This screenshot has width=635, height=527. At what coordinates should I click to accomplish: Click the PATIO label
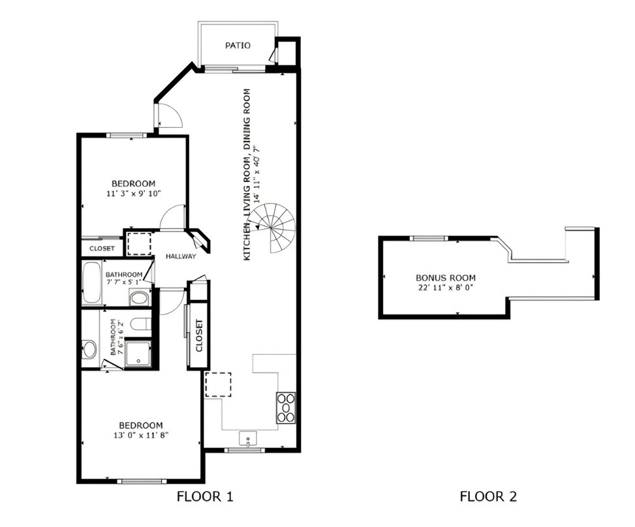point(238,46)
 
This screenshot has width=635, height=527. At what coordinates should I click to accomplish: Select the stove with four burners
point(286,408)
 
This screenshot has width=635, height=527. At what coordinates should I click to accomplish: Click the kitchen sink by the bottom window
point(248,438)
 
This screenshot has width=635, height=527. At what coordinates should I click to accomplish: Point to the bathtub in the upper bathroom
point(91,283)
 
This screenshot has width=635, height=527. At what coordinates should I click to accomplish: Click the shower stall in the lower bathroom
point(138,354)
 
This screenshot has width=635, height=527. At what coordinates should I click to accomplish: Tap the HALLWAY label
point(181,256)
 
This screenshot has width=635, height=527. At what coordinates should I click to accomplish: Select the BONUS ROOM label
point(446,278)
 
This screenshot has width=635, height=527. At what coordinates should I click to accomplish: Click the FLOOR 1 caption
point(205,496)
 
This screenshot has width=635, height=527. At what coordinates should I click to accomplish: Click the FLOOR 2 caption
point(488,496)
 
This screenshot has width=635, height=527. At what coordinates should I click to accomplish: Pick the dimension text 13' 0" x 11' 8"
point(141,436)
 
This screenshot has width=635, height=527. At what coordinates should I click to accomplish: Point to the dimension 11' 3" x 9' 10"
point(134,194)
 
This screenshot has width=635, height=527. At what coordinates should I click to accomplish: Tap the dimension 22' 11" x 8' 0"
point(446,288)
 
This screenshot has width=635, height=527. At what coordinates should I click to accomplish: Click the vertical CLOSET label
point(199,335)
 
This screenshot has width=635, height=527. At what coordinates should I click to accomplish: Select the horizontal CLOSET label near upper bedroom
point(102,248)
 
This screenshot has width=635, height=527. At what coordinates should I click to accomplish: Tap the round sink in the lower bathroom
point(89,349)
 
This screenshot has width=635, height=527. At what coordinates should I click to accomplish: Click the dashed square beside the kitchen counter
point(218,385)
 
